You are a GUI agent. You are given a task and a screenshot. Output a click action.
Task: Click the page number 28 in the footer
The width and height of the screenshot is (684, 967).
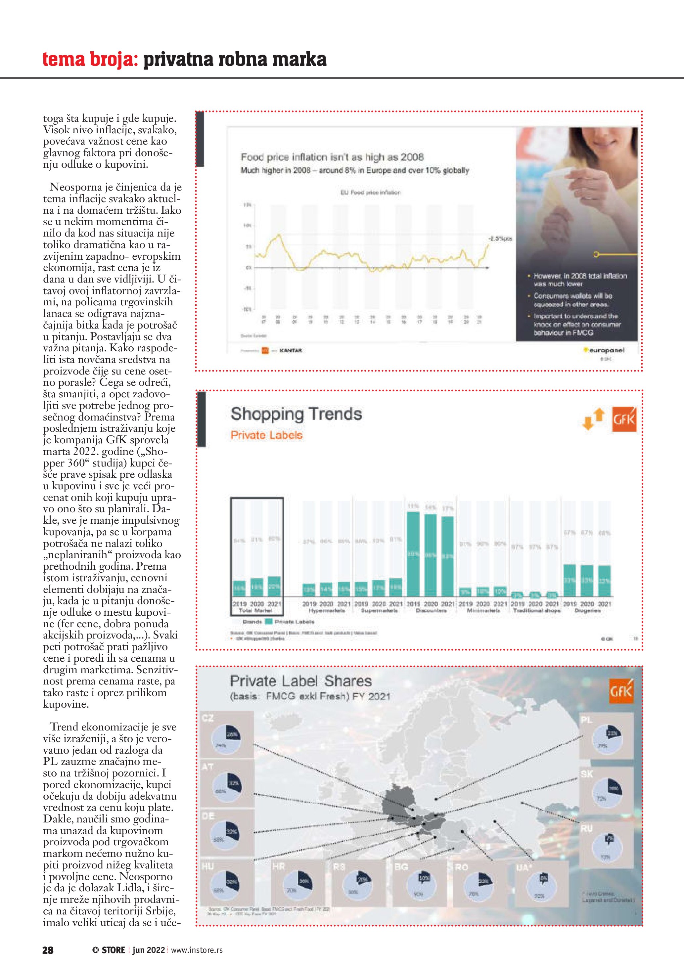pos(48,950)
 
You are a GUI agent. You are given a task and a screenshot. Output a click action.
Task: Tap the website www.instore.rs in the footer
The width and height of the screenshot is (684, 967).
pos(197,950)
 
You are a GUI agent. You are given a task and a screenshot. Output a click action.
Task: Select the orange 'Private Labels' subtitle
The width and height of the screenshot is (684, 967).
pos(266,435)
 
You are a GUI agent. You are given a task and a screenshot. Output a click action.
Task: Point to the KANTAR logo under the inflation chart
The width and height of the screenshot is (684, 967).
pos(291,350)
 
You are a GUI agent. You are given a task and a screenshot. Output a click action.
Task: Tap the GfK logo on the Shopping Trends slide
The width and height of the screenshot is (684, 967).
pos(624,419)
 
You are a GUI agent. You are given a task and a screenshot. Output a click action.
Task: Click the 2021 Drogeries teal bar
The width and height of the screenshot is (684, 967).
pos(604,581)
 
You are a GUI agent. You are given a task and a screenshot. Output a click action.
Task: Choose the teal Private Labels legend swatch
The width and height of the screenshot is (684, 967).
pos(268,622)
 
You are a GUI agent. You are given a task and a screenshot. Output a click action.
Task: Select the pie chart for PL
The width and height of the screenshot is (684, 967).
pos(607,739)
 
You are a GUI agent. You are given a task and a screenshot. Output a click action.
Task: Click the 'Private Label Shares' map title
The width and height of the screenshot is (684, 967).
pos(300,681)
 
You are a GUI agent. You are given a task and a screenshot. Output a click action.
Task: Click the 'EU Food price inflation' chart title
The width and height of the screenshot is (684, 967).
pos(370,193)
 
